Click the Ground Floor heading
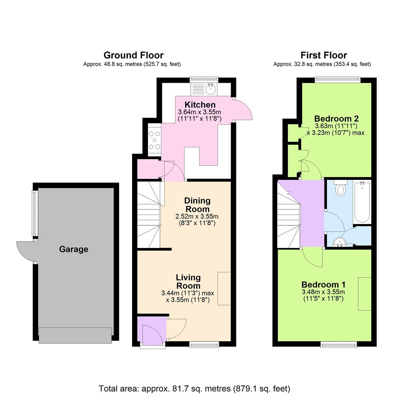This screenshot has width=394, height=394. click(x=133, y=55)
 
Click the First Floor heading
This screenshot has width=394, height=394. click(x=324, y=55)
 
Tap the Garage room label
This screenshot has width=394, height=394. click(x=73, y=249)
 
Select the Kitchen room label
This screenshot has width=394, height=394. click(x=200, y=105)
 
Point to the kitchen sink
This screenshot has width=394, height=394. click(x=210, y=89)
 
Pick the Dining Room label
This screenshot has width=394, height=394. click(x=197, y=205)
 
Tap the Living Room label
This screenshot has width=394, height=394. click(x=188, y=282)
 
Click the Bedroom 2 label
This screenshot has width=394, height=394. click(x=336, y=119)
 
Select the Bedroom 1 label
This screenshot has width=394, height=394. click(x=323, y=285)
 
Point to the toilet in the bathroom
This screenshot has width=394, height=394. click(x=340, y=189)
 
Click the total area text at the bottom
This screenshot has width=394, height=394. click(x=194, y=388)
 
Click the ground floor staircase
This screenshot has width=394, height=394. click(x=149, y=215)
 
